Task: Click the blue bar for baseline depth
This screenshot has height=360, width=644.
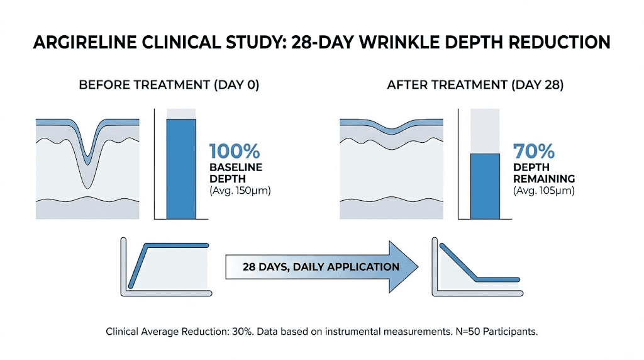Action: coord(181,169)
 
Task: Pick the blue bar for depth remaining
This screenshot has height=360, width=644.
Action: coord(485,186)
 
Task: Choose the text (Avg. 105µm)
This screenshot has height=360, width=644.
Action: coord(543,191)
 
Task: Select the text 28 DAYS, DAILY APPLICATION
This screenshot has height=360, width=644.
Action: coord(321,266)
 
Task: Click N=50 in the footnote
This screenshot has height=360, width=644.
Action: coord(467,332)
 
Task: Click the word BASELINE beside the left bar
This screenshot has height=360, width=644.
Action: coord(236,168)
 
